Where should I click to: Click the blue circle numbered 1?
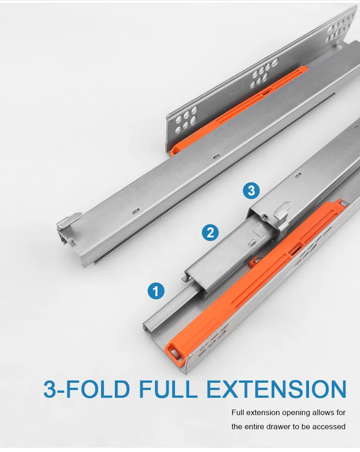(156, 290)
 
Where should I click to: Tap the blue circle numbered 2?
(210, 233)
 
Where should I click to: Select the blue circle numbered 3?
(251, 190)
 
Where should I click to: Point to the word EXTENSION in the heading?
(276, 390)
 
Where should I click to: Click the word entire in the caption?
(259, 427)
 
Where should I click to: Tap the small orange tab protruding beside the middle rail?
(254, 262)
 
